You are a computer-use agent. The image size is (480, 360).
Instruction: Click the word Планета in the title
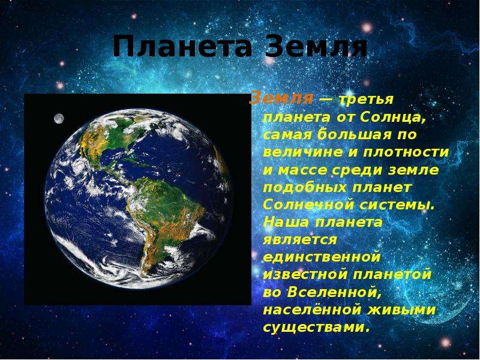(182, 47)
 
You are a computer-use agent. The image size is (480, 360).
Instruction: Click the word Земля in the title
(316, 47)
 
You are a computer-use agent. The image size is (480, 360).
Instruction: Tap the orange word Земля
(281, 99)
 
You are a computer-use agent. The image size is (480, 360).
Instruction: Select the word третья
(367, 100)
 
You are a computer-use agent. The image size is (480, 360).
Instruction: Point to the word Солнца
(393, 117)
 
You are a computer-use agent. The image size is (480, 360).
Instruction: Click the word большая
(354, 134)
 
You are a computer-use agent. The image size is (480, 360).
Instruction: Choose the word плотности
(406, 152)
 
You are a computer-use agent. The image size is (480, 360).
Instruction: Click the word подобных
(305, 187)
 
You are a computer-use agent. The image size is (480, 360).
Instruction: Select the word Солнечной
(308, 205)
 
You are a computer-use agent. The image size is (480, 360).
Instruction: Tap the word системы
(397, 205)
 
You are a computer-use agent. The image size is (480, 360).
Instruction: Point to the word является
(300, 240)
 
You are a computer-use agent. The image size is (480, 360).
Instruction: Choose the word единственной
(322, 257)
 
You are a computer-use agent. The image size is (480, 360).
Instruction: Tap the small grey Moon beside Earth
(59, 118)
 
